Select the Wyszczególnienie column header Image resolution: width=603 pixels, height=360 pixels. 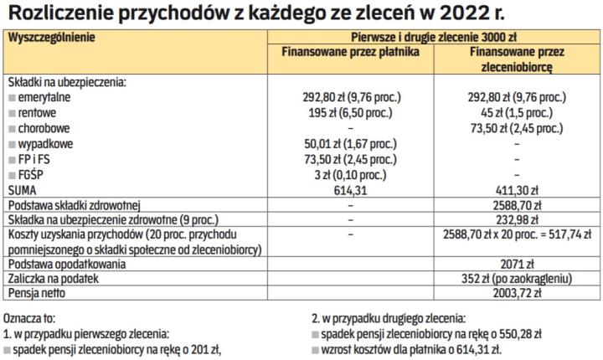(x=51, y=38)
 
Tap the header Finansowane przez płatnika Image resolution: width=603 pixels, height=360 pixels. (x=349, y=51)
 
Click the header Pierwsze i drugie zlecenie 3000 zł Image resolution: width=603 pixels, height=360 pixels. (x=432, y=38)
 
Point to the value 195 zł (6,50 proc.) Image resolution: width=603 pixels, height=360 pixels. (x=349, y=114)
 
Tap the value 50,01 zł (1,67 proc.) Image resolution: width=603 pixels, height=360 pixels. (x=349, y=144)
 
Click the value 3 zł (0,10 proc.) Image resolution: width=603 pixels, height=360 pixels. (x=349, y=174)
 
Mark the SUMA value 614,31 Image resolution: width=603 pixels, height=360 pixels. (x=349, y=190)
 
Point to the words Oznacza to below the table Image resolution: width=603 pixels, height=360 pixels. (x=29, y=319)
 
